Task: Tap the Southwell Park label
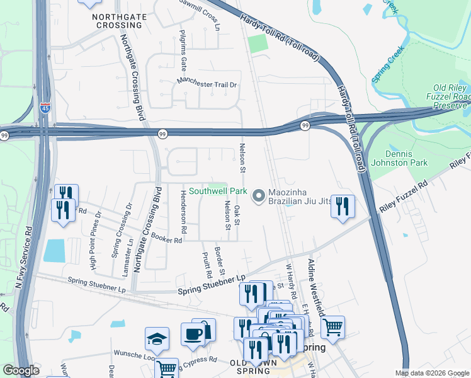coord(218,190)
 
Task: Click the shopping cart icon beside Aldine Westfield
coord(332,326)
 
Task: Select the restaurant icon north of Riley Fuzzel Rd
coord(342,206)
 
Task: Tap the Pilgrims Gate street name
coord(183,49)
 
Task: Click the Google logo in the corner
coord(21,370)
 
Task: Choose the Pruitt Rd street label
coord(207,265)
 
